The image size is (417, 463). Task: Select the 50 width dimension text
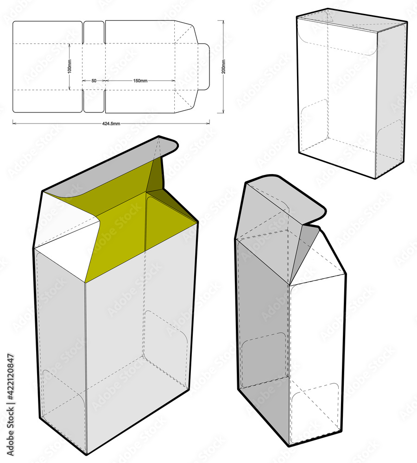pyautogui.click(x=94, y=81)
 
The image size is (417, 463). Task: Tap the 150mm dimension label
pyautogui.click(x=140, y=81)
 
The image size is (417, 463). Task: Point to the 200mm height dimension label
pyautogui.click(x=223, y=67)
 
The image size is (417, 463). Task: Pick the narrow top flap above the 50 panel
pyautogui.click(x=94, y=31)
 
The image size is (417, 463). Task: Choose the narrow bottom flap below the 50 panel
pyautogui.click(x=94, y=101)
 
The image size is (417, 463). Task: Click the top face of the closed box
pyautogui.click(x=352, y=19)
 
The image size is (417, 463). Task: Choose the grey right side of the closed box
pyautogui.click(x=390, y=97)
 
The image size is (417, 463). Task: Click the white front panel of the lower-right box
pyautogui.click(x=317, y=352)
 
